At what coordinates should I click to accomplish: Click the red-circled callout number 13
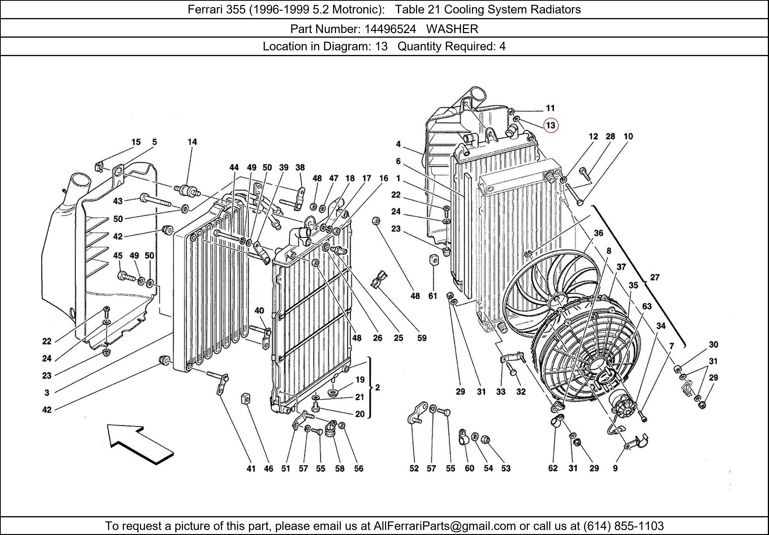pyautogui.click(x=551, y=125)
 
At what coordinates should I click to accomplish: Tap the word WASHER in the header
pyautogui.click(x=452, y=29)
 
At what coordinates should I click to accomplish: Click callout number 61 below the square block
pyautogui.click(x=433, y=296)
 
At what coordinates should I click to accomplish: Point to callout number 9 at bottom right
pyautogui.click(x=615, y=468)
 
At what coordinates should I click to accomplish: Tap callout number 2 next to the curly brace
pyautogui.click(x=377, y=387)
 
